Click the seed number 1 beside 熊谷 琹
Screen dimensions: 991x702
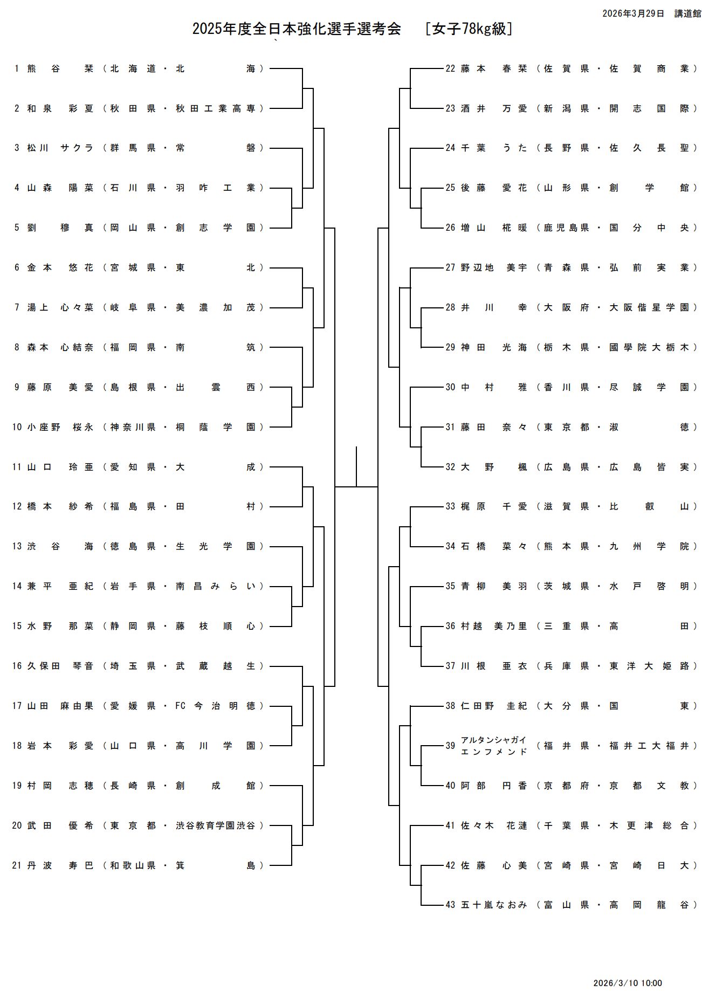(17, 68)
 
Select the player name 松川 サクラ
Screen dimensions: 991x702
(60, 148)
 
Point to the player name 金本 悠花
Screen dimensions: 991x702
(60, 267)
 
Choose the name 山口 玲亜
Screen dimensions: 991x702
(60, 467)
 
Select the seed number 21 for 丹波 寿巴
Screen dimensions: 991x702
(17, 865)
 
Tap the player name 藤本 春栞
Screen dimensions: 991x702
(494, 68)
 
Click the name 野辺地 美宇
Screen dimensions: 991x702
(494, 267)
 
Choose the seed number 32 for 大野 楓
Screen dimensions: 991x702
(450, 467)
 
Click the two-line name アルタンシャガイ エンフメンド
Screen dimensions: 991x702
(494, 746)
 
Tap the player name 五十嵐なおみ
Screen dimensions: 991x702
(494, 905)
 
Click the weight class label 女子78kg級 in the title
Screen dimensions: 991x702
(469, 29)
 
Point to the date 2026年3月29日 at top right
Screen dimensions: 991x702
(633, 13)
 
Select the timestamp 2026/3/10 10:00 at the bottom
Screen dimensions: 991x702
(627, 983)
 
